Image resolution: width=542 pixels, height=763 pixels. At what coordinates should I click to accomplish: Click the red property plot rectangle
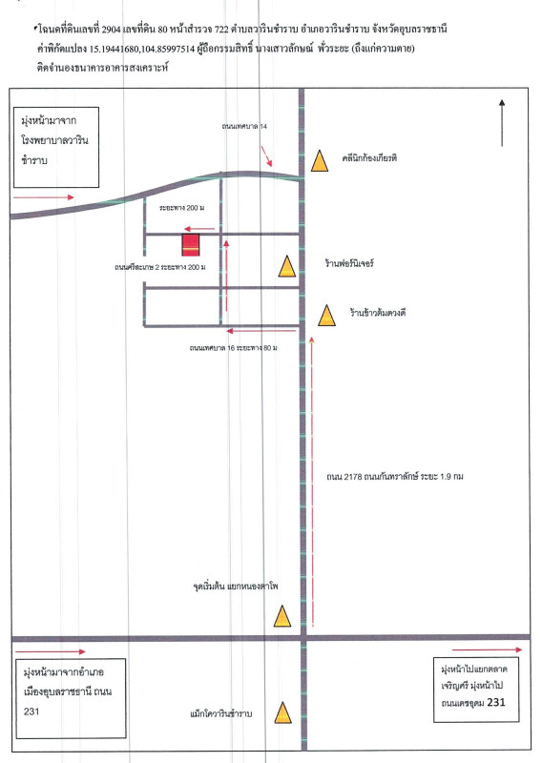[x=191, y=245]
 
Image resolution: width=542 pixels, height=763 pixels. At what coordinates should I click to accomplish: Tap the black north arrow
[x=502, y=123]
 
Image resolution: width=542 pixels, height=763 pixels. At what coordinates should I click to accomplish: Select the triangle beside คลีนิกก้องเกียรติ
[x=320, y=161]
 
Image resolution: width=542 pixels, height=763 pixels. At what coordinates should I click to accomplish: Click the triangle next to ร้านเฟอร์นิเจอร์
[x=287, y=267]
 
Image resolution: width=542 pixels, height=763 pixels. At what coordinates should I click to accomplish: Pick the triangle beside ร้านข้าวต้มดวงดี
[x=326, y=316]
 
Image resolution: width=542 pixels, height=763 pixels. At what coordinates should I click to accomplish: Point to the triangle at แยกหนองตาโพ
[x=282, y=616]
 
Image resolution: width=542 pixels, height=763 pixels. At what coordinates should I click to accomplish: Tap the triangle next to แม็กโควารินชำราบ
[x=283, y=712]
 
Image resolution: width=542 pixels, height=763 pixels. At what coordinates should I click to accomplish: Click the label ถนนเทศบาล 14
[x=244, y=127]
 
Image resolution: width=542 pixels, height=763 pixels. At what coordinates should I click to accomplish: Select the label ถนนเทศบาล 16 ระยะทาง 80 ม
[x=233, y=348]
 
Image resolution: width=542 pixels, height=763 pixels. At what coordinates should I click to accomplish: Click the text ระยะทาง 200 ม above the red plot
[x=181, y=208]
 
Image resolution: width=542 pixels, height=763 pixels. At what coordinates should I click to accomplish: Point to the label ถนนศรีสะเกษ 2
[x=137, y=267]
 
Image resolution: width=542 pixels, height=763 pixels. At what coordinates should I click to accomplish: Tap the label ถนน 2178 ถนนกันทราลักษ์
[x=372, y=477]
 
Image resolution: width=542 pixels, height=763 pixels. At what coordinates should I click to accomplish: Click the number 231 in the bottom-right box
[x=496, y=702]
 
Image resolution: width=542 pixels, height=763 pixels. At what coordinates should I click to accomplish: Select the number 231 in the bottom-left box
[x=31, y=711]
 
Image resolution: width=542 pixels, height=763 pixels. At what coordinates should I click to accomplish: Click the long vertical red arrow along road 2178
[x=312, y=481]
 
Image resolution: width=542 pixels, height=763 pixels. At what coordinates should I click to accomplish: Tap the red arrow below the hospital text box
[x=43, y=197]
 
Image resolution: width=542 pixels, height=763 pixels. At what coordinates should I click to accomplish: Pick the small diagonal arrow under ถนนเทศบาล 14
[x=266, y=155]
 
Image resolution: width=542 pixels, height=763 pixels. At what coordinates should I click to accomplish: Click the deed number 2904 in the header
[x=111, y=30]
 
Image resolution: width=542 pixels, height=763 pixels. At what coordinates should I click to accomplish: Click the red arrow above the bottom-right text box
[x=487, y=650]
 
